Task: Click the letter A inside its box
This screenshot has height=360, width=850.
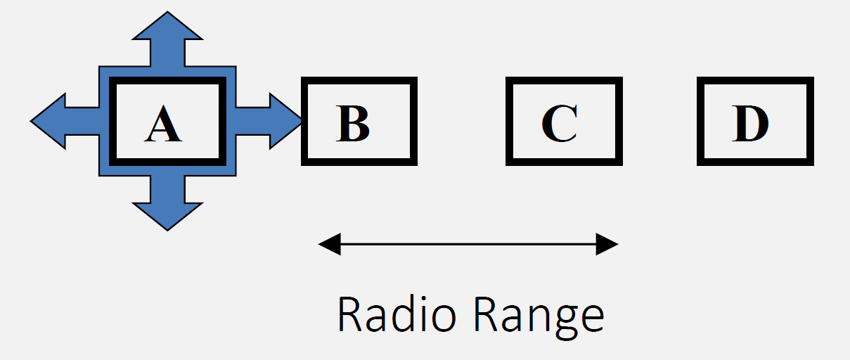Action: coord(163,126)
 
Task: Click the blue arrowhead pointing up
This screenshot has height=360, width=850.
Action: coord(167,28)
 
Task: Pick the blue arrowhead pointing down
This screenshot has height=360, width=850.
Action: coord(167,214)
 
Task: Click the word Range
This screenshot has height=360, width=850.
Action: coord(538,316)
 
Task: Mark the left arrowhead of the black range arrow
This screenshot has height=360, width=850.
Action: coord(329,245)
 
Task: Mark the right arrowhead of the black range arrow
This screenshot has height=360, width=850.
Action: coord(607,245)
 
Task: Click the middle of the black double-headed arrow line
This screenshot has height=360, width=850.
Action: coord(468,245)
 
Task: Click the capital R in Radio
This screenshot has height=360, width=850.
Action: coord(349,314)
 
